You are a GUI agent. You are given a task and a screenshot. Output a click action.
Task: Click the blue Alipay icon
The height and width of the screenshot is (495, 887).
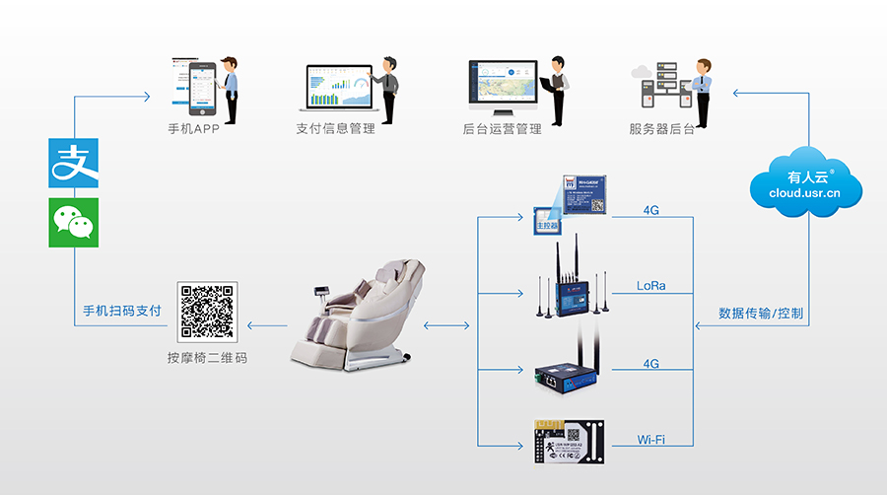[x=74, y=163]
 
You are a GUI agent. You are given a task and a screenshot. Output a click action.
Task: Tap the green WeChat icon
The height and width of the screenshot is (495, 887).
[x=74, y=223]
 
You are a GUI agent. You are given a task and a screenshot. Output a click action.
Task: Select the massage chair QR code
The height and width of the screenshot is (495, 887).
[x=207, y=312]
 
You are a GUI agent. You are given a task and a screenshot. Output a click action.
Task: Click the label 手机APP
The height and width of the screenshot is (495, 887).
[x=193, y=129]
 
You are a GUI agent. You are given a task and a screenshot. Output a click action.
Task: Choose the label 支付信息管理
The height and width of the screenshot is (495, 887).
[x=335, y=129]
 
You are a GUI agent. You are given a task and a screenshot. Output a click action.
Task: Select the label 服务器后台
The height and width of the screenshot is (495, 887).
[x=661, y=129]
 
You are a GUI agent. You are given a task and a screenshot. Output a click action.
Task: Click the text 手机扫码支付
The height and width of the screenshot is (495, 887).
[x=121, y=311]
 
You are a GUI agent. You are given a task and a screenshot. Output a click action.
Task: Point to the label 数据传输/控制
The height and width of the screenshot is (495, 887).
[x=761, y=314]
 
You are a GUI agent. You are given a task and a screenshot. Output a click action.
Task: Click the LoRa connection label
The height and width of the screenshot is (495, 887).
[x=650, y=286]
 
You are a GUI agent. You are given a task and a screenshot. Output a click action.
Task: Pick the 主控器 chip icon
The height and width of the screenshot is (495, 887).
[x=546, y=222]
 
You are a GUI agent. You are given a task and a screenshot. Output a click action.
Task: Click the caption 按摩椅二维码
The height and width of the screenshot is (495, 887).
[x=207, y=358]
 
